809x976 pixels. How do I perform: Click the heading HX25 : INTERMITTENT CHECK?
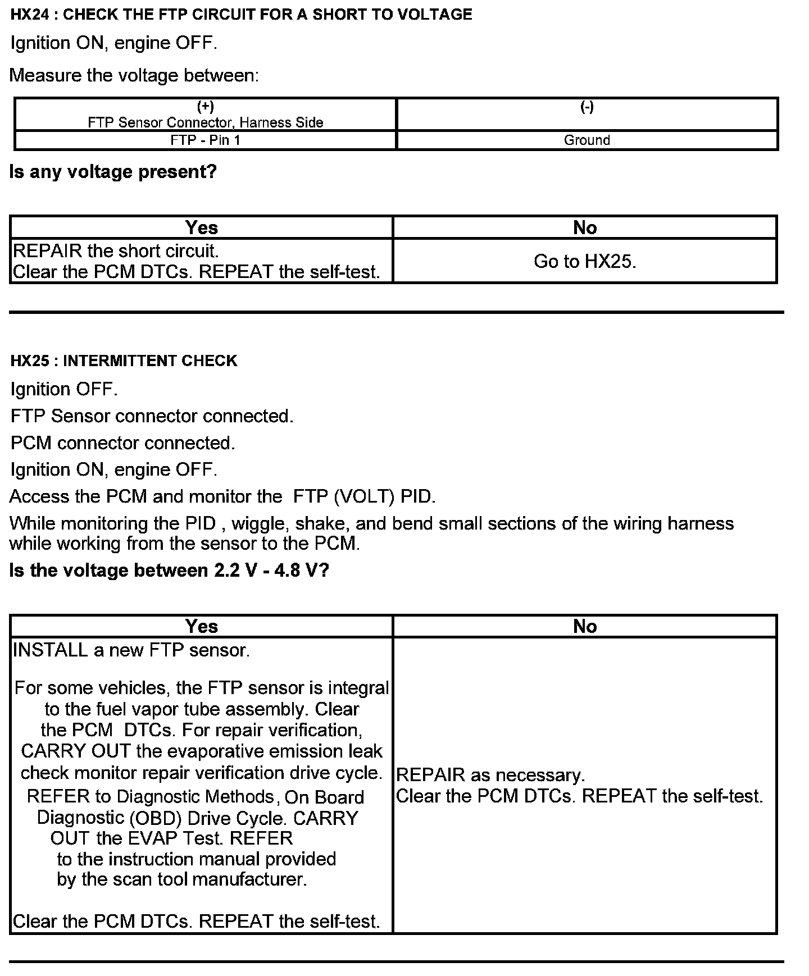point(124,361)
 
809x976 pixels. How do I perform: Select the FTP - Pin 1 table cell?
point(205,140)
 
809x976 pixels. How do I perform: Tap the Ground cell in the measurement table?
point(587,140)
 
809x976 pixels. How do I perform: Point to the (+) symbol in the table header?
point(205,107)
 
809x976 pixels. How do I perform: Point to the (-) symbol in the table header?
point(587,107)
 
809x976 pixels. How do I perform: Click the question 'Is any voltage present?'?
point(113,172)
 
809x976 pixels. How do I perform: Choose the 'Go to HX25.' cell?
point(585,261)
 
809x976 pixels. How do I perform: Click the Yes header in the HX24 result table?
point(201,227)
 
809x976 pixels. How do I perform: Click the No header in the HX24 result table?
point(585,227)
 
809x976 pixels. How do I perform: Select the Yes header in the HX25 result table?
point(201,626)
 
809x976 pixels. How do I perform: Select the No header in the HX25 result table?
point(585,626)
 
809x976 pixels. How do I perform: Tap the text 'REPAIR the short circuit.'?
point(115,250)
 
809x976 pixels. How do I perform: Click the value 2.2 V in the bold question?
point(232,571)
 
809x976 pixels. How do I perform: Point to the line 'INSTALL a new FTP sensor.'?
point(131,650)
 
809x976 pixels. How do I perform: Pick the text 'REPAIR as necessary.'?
point(490,775)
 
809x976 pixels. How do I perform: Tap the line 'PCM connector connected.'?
point(122,443)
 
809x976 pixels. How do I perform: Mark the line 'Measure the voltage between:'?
point(134,75)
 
